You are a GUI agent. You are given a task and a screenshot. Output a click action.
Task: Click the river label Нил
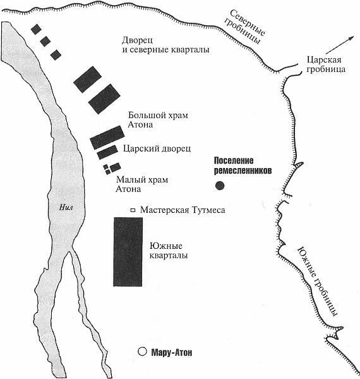pyautogui.click(x=66, y=207)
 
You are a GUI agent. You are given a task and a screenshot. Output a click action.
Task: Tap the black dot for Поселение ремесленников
pyautogui.click(x=220, y=185)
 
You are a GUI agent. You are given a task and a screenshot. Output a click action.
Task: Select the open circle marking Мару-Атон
pyautogui.click(x=142, y=351)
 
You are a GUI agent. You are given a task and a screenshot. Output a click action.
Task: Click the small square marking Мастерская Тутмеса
pyautogui.click(x=133, y=210)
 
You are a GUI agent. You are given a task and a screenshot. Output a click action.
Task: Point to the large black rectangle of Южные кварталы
pyautogui.click(x=128, y=251)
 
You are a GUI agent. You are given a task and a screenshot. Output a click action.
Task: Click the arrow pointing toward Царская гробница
pyautogui.click(x=340, y=45)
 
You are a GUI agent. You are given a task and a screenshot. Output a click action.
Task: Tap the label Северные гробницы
pyautogui.click(x=244, y=27)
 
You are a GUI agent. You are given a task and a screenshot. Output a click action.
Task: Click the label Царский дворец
pyautogui.click(x=157, y=148)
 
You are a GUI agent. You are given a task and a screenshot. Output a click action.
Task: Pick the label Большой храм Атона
pyautogui.click(x=158, y=120)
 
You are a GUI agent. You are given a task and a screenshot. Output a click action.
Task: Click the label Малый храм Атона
pyautogui.click(x=142, y=184)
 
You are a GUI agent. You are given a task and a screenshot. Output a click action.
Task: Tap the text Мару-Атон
pyautogui.click(x=172, y=352)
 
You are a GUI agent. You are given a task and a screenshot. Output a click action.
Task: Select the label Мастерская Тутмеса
pyautogui.click(x=183, y=210)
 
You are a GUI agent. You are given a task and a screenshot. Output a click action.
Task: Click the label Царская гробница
pyautogui.click(x=326, y=64)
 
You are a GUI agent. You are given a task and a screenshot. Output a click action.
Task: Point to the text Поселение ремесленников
pyautogui.click(x=243, y=165)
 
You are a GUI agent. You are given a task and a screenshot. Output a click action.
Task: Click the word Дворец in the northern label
pyautogui.click(x=137, y=40)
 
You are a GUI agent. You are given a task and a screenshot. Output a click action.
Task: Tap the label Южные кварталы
pyautogui.click(x=169, y=251)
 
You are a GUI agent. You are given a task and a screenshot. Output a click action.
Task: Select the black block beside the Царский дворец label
pyautogui.click(x=107, y=152)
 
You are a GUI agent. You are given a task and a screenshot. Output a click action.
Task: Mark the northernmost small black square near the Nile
pyautogui.click(x=36, y=29)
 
